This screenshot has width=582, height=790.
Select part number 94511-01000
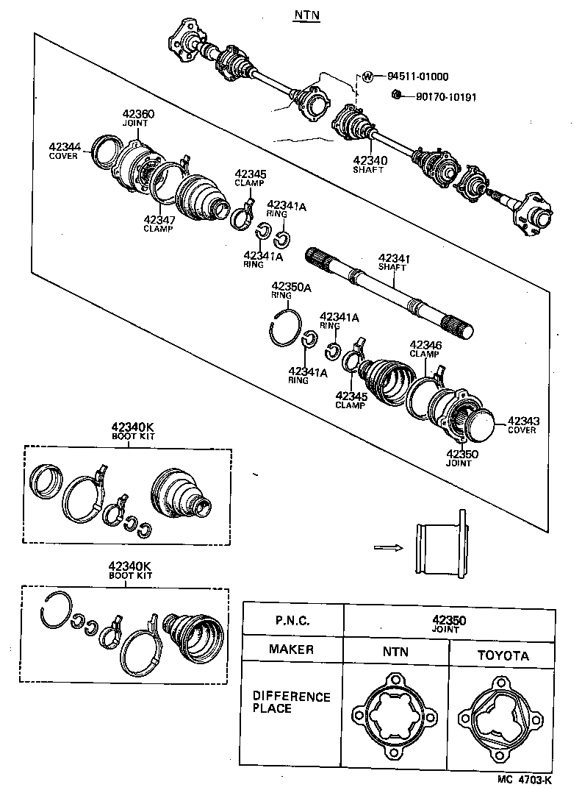[417, 76]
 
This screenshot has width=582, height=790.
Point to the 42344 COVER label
[65, 151]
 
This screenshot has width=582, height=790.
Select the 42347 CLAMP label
[158, 223]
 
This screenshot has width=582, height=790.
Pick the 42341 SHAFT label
[393, 263]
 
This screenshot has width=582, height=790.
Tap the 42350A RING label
[286, 290]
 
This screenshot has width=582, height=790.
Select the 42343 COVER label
[522, 424]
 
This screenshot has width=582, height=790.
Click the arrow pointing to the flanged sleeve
[387, 547]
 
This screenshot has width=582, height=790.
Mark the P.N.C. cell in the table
[292, 620]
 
